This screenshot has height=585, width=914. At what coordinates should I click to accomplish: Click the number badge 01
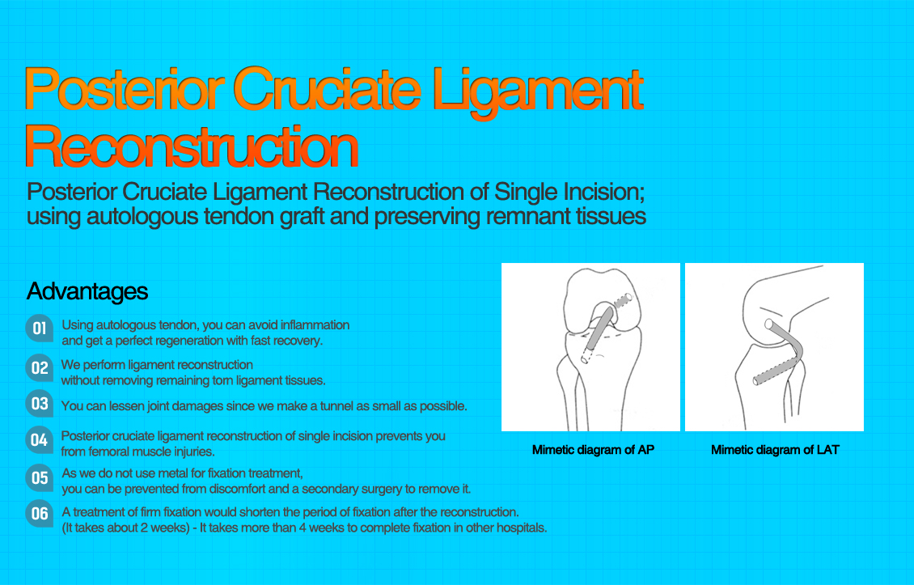[x=39, y=329]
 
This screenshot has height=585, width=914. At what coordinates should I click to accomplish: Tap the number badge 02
[x=40, y=368]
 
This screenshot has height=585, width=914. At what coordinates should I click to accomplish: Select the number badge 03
[x=40, y=403]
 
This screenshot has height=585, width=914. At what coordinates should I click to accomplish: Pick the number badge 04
[x=39, y=440]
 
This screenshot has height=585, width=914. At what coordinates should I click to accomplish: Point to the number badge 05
[x=40, y=477]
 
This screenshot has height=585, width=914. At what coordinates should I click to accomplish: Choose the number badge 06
[x=40, y=514]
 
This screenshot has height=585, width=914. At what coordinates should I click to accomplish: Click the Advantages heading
[x=87, y=291]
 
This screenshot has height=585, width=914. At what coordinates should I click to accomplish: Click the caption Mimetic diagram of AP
[x=593, y=450]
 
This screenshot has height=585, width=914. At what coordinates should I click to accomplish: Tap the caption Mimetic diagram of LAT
[x=775, y=450]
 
